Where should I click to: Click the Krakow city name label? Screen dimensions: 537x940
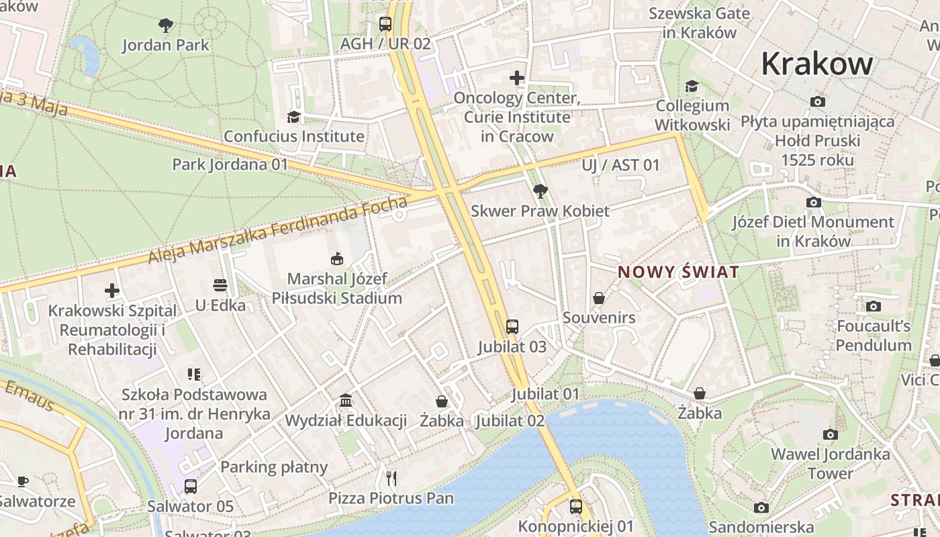coord(817,64)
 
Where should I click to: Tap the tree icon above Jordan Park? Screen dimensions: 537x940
coord(166,26)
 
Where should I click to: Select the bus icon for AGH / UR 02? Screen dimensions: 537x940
coord(385,24)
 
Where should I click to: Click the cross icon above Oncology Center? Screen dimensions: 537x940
coord(517,78)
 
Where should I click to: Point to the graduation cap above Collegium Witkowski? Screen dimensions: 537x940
coord(692,86)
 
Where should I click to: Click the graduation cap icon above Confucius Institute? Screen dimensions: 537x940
coord(293,117)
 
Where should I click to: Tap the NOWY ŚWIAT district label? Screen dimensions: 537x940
coord(678,273)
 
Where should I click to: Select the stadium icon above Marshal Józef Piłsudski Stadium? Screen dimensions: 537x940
coord(337,258)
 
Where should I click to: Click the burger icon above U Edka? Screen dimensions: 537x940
coord(220,285)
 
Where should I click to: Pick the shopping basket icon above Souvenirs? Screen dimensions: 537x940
coord(599,298)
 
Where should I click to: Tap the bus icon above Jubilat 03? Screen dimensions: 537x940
coord(512,327)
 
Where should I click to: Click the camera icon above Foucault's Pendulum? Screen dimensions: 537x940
coord(874,307)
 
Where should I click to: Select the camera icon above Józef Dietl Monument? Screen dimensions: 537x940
coord(814,202)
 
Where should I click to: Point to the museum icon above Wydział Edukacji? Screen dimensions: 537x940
coord(346,401)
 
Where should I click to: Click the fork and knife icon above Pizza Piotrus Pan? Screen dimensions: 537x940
coord(391,478)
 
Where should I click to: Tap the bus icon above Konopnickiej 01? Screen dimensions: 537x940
coord(576,507)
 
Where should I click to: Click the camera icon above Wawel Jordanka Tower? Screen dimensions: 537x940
coord(831,434)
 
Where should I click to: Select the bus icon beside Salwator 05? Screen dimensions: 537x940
coord(191,487)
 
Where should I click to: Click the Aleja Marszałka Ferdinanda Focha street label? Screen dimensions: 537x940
coord(277,230)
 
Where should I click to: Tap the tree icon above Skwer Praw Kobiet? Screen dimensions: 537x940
coord(540,191)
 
